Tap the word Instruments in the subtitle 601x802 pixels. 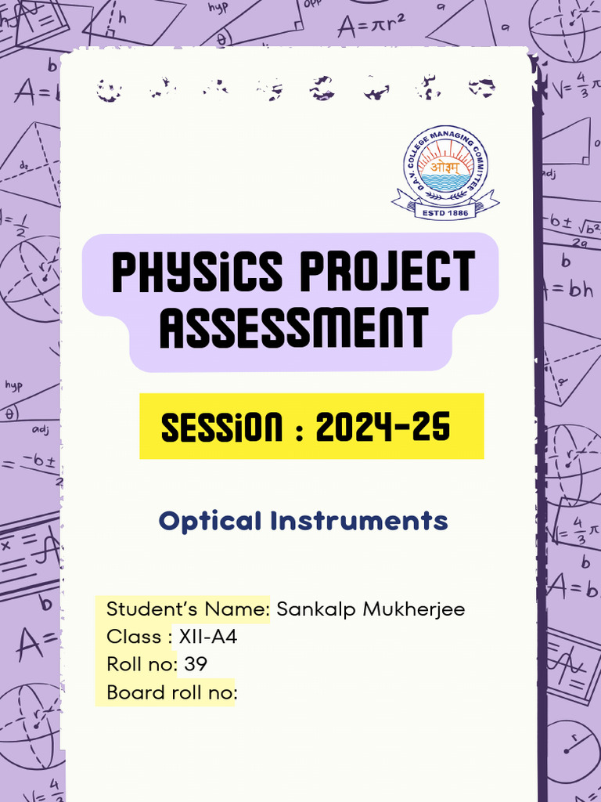click(x=359, y=521)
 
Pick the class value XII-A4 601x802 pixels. click(x=208, y=638)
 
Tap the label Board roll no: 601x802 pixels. click(x=171, y=693)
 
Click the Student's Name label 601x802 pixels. click(x=188, y=609)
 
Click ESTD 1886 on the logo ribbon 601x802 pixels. click(x=444, y=211)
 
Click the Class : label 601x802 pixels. click(x=139, y=638)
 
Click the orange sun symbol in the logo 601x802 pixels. click(x=444, y=164)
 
